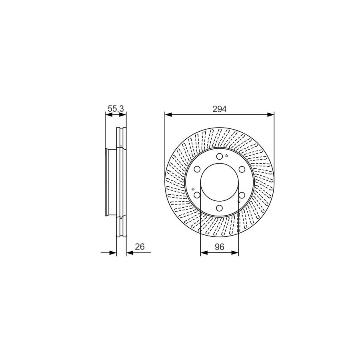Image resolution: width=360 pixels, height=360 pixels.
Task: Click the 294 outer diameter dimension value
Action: pos(219,109)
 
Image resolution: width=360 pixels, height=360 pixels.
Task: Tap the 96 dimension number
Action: pos(219,247)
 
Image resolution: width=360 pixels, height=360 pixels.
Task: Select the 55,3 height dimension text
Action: pos(116,108)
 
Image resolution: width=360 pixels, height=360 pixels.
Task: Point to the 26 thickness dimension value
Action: pos(140,246)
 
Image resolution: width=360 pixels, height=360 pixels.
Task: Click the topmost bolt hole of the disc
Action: pos(220,156)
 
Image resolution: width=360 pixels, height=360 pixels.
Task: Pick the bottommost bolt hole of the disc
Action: pos(220,208)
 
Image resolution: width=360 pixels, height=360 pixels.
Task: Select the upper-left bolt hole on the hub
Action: pos(197,170)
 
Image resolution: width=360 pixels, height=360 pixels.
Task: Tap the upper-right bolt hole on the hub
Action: pos(242,170)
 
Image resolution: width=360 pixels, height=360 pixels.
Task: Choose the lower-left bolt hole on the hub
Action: pos(197,195)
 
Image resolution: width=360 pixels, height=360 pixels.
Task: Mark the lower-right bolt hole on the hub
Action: pos(242,195)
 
